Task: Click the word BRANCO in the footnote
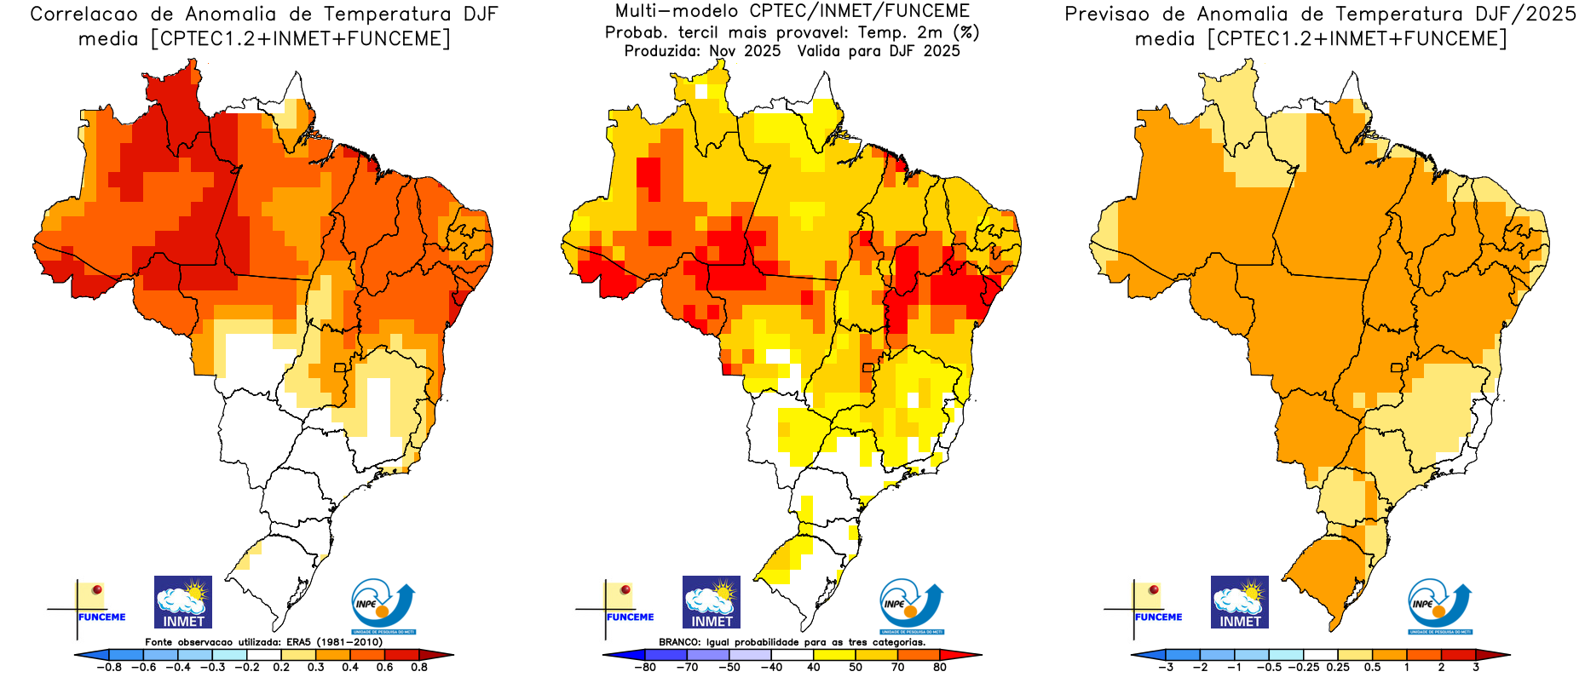pos(680,642)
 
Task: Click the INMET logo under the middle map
pos(711,602)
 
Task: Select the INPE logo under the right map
pos(1439,606)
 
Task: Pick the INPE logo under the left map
pos(383,606)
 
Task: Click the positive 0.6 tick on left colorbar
pos(384,668)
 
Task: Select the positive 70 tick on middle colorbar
pos(897,668)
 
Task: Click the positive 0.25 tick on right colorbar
pos(1338,668)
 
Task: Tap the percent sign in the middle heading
pos(966,32)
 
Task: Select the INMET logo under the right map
pos(1239,602)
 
